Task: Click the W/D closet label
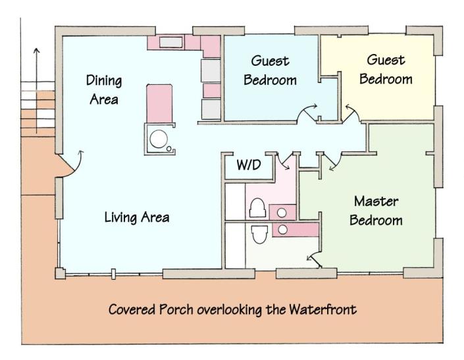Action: click(249, 165)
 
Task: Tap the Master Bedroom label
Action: click(376, 211)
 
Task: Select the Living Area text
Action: click(137, 217)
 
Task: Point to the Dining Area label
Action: click(104, 90)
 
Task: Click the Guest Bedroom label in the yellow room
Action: click(386, 70)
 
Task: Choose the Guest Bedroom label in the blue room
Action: click(270, 70)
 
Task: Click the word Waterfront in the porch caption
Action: click(323, 310)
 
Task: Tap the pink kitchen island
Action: click(159, 103)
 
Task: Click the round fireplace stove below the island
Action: click(159, 139)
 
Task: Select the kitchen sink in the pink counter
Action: click(170, 42)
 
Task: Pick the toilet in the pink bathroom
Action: click(257, 208)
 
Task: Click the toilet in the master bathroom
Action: click(259, 234)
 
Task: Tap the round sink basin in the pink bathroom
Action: click(282, 213)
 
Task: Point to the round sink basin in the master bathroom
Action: click(283, 230)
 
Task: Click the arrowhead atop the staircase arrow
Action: click(36, 50)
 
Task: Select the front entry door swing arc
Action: click(78, 166)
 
